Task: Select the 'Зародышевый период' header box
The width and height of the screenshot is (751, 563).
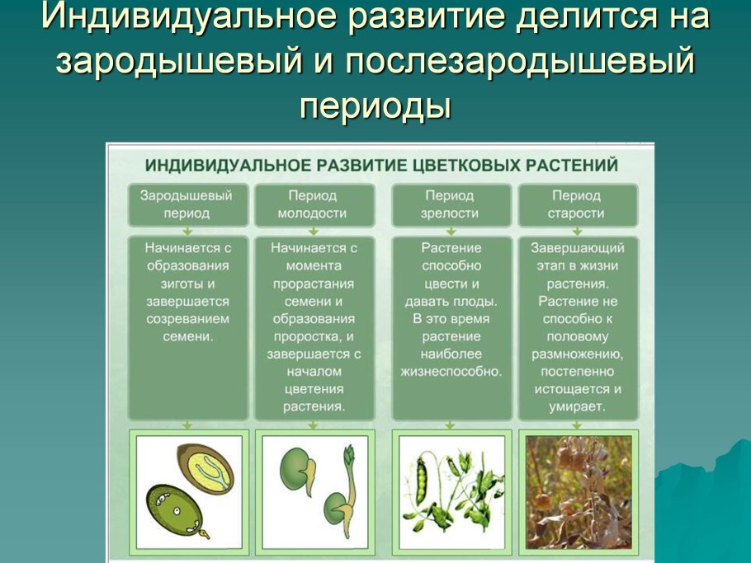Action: (x=187, y=204)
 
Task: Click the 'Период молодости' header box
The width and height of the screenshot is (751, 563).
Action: (x=313, y=204)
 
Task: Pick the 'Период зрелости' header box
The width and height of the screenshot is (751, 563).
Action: (x=450, y=204)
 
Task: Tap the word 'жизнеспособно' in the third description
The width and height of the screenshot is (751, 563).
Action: (x=451, y=372)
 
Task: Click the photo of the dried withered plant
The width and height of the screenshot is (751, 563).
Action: (x=578, y=492)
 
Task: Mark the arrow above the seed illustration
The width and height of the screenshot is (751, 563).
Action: (x=187, y=425)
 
